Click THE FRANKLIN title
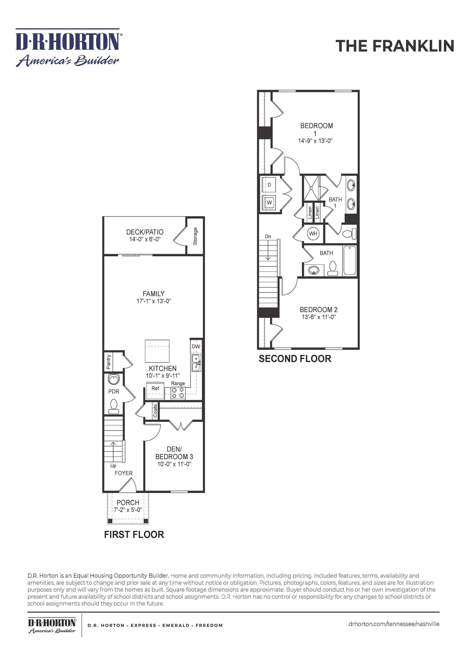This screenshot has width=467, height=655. (394, 46)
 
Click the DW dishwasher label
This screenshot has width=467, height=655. (196, 346)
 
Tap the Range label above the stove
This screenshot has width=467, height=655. (178, 383)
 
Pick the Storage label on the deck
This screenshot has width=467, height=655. (195, 236)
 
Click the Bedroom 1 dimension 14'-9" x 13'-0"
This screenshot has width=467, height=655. (315, 141)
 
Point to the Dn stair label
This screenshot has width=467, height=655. (268, 236)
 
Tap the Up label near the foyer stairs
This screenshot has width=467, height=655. (113, 465)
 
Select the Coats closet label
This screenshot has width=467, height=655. (155, 411)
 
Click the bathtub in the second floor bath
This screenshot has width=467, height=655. (349, 260)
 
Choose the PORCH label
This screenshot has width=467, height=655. (128, 502)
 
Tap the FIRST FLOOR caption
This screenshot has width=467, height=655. (134, 535)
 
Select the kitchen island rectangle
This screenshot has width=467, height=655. (157, 351)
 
